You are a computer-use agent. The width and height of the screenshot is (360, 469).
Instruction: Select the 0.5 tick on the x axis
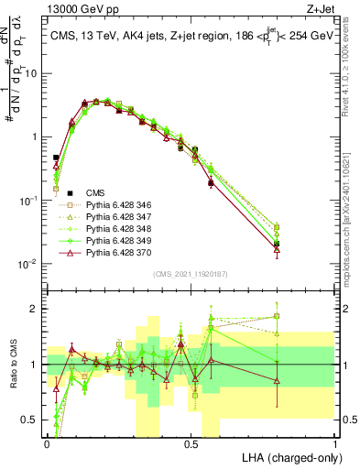click(x=191, y=445)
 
